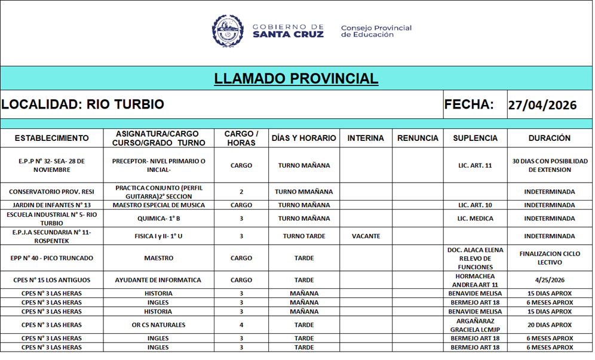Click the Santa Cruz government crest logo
[x=228, y=31]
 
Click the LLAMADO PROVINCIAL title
[x=296, y=79]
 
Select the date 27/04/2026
[x=542, y=106]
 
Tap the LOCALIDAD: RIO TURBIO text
[x=82, y=104]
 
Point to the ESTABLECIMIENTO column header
[x=51, y=138]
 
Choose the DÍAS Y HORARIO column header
[x=303, y=138]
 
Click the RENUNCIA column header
[x=418, y=138]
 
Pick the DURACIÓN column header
[x=549, y=138]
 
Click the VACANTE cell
[x=366, y=236]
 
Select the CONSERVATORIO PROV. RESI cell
[x=51, y=192]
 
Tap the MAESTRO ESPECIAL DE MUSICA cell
[x=158, y=205]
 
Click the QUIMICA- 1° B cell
[x=158, y=219]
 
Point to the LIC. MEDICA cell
[x=475, y=219]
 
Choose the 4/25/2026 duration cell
[x=549, y=280]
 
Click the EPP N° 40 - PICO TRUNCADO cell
[x=51, y=259]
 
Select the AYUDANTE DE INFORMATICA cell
[x=158, y=280]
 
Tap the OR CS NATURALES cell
[x=158, y=325]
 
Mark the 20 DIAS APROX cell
[x=549, y=325]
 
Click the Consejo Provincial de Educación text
[x=376, y=31]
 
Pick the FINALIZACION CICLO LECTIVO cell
[x=549, y=259]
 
